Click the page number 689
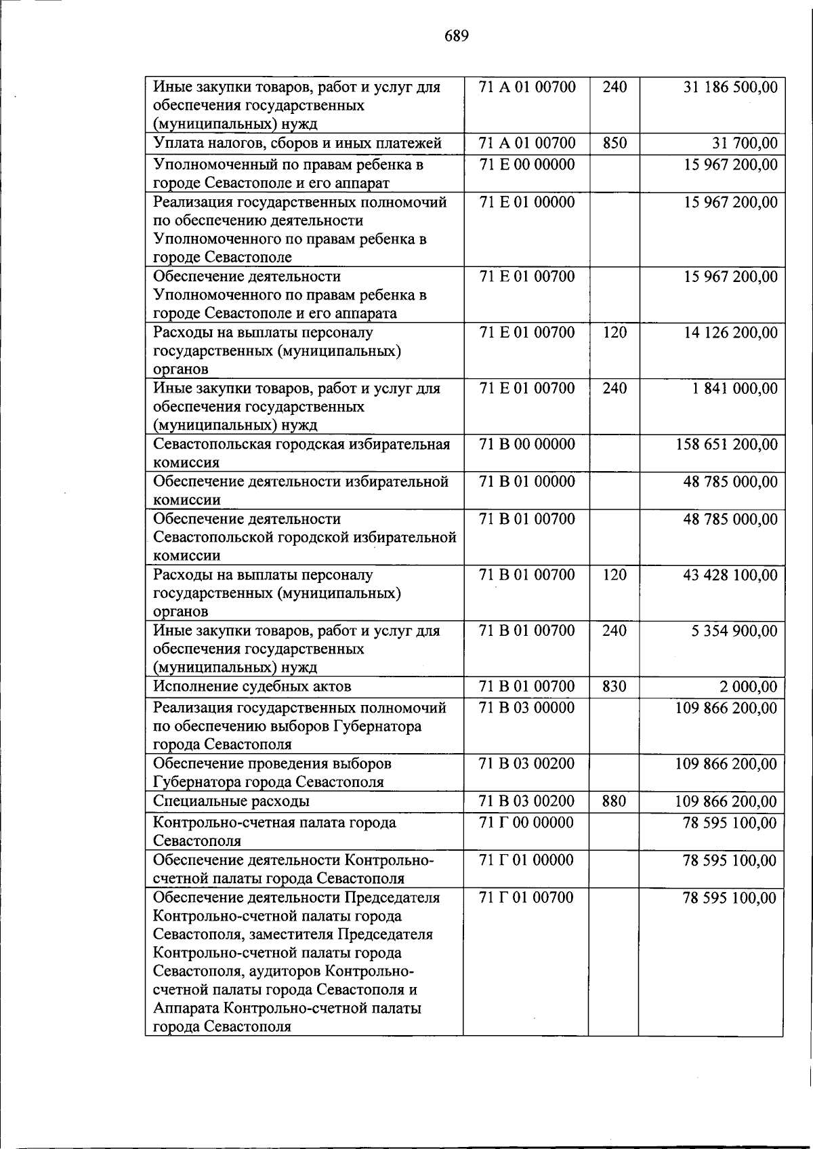pos(457,36)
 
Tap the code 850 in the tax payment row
pos(614,143)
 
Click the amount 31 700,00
pos(745,143)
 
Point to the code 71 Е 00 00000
pos(526,165)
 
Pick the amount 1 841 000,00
pos(734,388)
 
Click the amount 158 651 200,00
pos(727,445)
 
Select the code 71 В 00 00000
pos(526,445)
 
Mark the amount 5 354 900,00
pos(734,631)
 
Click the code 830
pos(614,687)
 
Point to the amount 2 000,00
pos(748,687)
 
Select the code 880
pos(614,801)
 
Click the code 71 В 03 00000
pos(526,708)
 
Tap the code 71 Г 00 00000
pos(526,823)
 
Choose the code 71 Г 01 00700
pos(526,898)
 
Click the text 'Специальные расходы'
pos(232,801)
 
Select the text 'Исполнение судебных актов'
pos(252,687)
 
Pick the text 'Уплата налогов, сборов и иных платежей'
pos(297,143)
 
